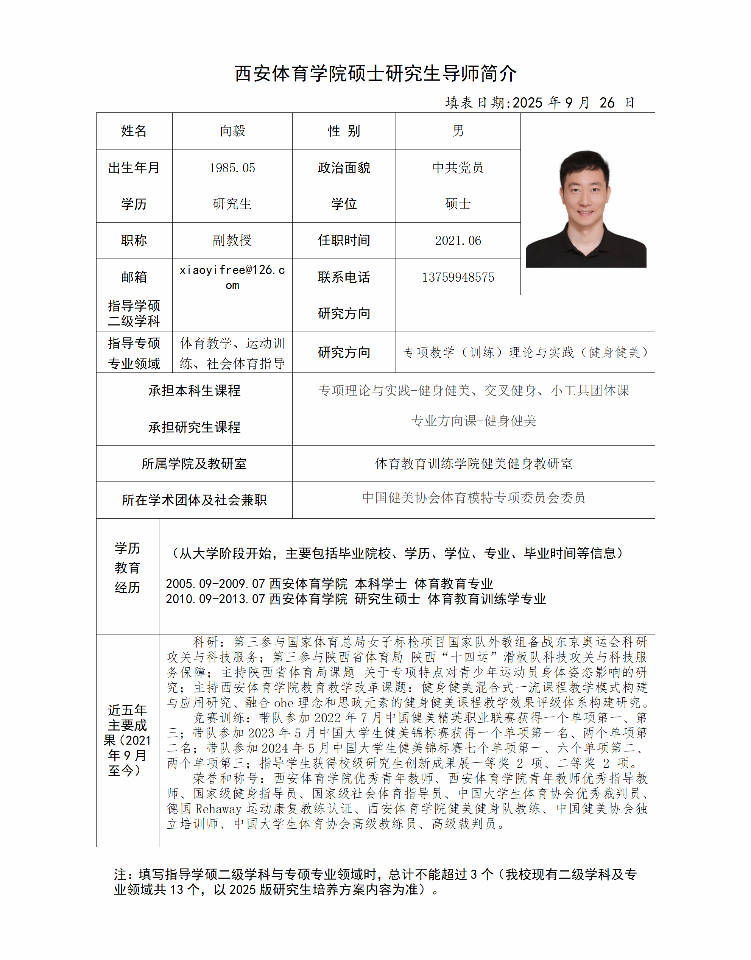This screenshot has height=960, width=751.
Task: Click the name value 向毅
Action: coord(232,131)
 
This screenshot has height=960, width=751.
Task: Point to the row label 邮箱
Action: coord(134,277)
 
